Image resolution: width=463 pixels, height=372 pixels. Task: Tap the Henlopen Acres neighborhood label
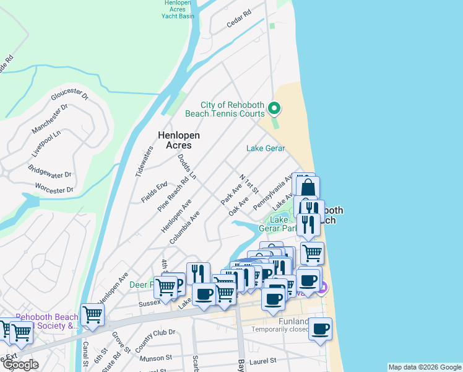tap(174, 139)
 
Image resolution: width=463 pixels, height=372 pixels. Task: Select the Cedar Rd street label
tap(239, 19)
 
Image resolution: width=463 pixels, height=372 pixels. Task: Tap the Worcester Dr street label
tap(54, 188)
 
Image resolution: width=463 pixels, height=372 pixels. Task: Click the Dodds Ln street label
tap(186, 167)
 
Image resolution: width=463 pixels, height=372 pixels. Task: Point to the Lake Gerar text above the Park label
tap(266, 148)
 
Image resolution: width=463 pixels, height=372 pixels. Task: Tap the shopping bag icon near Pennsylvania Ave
tap(307, 187)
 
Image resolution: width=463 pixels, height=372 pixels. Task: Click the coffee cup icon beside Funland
tap(320, 329)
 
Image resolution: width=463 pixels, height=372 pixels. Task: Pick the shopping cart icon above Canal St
tap(92, 314)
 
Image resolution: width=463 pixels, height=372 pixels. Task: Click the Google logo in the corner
tap(20, 365)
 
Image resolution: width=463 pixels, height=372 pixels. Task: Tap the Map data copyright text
tap(424, 367)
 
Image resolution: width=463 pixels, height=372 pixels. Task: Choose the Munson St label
tap(155, 358)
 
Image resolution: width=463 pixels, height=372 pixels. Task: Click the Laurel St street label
tap(266, 359)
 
